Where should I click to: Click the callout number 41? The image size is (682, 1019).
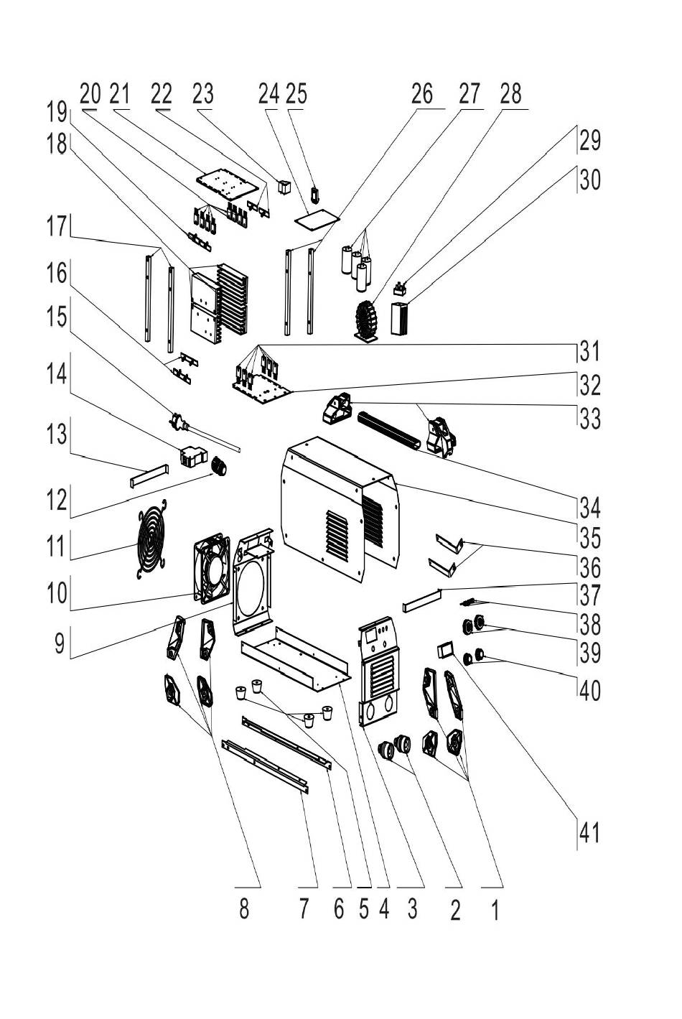click(588, 834)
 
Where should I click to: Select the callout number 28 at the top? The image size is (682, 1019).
click(510, 94)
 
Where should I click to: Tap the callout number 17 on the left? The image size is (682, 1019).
click(57, 228)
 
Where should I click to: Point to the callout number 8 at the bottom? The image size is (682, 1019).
click(244, 909)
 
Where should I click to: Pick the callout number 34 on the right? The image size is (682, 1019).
click(589, 508)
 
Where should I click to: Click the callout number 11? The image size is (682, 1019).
click(57, 546)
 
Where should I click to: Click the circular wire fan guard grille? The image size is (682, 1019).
click(151, 537)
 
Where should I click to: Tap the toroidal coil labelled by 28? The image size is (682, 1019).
click(371, 320)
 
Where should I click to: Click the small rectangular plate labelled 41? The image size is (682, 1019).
click(445, 650)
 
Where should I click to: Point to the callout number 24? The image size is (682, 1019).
click(268, 94)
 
